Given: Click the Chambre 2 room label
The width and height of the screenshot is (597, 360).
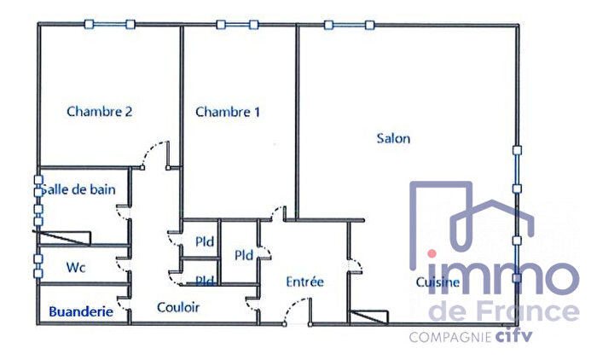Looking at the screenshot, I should pyautogui.click(x=99, y=111).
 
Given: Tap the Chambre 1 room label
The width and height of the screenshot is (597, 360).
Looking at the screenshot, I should pyautogui.click(x=228, y=112).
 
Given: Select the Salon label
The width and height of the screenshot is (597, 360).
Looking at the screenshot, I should pyautogui.click(x=393, y=138).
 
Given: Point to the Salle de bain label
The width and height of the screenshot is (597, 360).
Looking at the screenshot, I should pyautogui.click(x=79, y=189).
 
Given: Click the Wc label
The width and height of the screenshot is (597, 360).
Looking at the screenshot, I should pyautogui.click(x=76, y=267).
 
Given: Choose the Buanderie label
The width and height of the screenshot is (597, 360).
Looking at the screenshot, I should pyautogui.click(x=81, y=312).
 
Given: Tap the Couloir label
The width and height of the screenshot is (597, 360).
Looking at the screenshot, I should pyautogui.click(x=177, y=307).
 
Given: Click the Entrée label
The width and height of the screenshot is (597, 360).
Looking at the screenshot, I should pyautogui.click(x=304, y=282).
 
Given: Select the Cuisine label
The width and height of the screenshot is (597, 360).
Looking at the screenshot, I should pyautogui.click(x=438, y=282).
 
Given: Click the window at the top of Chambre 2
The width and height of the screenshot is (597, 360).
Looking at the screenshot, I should pyautogui.click(x=109, y=24).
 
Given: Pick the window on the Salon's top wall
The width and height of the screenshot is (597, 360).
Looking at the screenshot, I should pyautogui.click(x=348, y=25).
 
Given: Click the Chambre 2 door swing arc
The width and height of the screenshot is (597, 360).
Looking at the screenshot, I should pyautogui.click(x=154, y=154).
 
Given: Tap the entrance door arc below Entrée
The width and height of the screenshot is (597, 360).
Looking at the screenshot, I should pyautogui.click(x=294, y=313).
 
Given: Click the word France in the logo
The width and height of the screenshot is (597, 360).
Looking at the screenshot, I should pyautogui.click(x=526, y=311).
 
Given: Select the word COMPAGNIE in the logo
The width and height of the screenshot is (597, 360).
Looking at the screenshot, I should pyautogui.click(x=449, y=338).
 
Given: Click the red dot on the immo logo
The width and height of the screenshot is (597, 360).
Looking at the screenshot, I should pyautogui.click(x=432, y=254).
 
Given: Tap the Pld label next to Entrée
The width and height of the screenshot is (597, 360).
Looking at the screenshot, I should pyautogui.click(x=244, y=254).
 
